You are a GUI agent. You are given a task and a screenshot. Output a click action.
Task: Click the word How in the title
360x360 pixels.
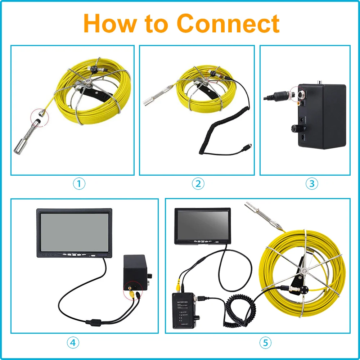point(110,24)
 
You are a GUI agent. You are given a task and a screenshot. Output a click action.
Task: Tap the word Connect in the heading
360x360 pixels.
point(228,24)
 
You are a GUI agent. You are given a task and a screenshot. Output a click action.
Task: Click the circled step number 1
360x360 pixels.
point(79,184)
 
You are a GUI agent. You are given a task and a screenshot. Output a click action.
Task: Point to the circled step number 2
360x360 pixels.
point(198,184)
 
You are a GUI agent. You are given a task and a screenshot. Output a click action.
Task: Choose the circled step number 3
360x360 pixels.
point(312,184)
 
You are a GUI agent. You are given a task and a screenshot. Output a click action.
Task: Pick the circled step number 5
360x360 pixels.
point(265,343)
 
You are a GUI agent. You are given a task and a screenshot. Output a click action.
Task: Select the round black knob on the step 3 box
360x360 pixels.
point(297,128)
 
